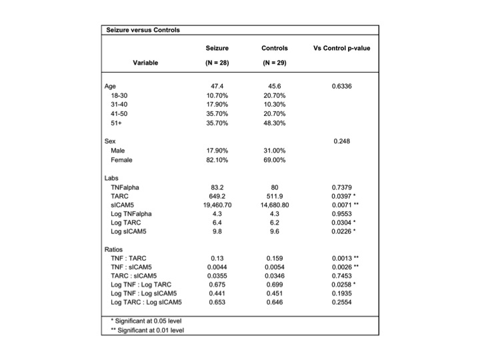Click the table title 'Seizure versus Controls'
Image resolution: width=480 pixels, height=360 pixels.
(x=143, y=30)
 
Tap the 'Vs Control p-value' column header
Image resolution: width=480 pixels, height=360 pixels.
(x=341, y=48)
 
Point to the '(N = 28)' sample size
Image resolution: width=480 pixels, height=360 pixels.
(x=217, y=63)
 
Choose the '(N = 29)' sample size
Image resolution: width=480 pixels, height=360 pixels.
(x=275, y=63)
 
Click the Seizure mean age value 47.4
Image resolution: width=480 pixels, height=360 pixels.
(x=217, y=87)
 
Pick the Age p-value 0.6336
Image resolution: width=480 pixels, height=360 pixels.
(x=341, y=87)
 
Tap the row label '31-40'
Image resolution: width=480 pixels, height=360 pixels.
(x=120, y=105)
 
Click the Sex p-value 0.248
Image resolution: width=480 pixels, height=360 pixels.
(x=341, y=141)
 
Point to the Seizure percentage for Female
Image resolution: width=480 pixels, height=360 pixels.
(x=217, y=160)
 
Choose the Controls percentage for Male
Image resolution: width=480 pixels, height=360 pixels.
(x=275, y=151)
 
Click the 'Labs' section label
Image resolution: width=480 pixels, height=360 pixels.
(x=111, y=179)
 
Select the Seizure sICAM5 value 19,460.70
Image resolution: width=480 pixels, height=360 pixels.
(x=217, y=207)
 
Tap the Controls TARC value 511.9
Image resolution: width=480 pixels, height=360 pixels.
(x=275, y=197)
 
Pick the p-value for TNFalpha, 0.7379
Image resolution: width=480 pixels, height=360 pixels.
(x=341, y=188)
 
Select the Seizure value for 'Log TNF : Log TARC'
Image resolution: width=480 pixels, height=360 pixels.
(x=217, y=284)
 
